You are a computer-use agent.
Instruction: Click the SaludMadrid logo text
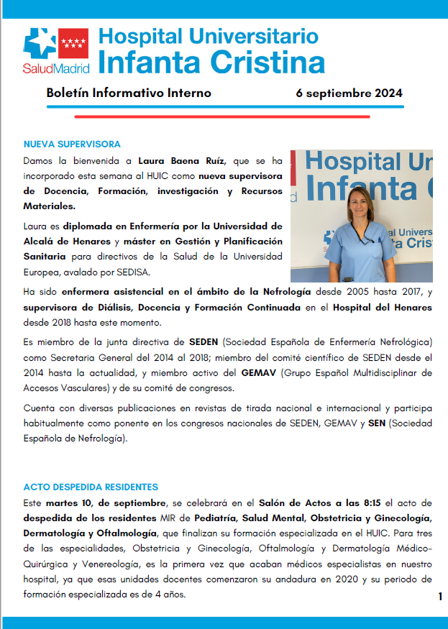coord(56,69)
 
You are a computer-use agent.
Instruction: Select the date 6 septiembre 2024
coord(349,93)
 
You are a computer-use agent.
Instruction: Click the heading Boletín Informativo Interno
coord(129,93)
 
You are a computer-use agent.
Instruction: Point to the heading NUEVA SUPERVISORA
coord(72,144)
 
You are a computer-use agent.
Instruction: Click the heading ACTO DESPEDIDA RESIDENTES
coord(91,487)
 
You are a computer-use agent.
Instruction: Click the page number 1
coord(439,597)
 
